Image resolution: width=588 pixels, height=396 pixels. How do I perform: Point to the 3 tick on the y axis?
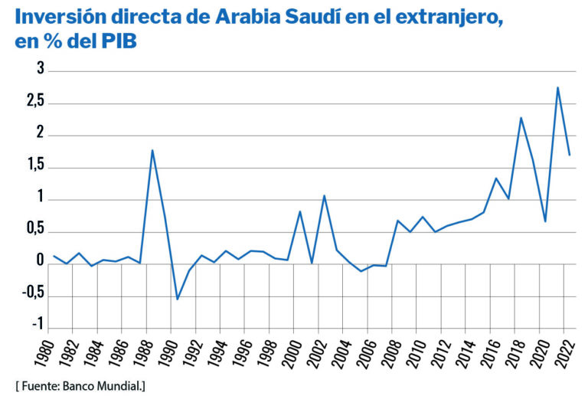[41, 71]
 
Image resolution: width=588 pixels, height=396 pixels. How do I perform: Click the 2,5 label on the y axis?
[34, 103]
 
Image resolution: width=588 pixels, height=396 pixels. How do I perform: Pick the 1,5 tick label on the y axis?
[34, 168]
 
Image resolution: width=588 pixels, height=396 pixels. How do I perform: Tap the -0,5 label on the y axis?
[31, 296]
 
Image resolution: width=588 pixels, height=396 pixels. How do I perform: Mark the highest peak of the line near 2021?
[557, 87]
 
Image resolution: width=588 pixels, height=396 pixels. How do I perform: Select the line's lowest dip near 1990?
[177, 299]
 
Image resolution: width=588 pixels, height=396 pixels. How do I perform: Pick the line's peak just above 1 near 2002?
[324, 195]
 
